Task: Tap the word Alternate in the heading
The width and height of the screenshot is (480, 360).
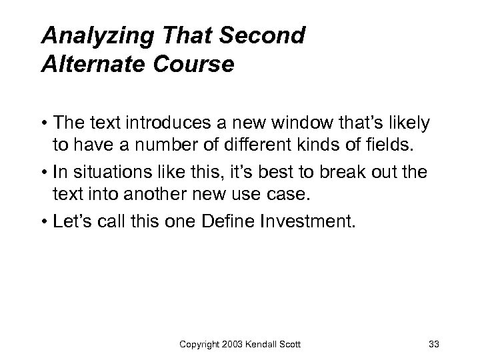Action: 86,66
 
